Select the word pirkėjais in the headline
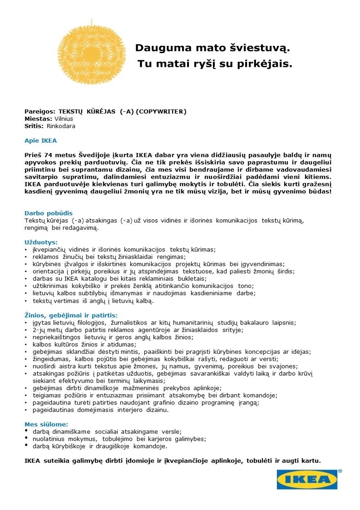tap(264, 64)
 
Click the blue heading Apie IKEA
tap(40, 141)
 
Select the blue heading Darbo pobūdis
tap(49, 213)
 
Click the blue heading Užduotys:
tap(41, 242)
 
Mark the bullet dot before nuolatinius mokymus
tap(26, 438)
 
